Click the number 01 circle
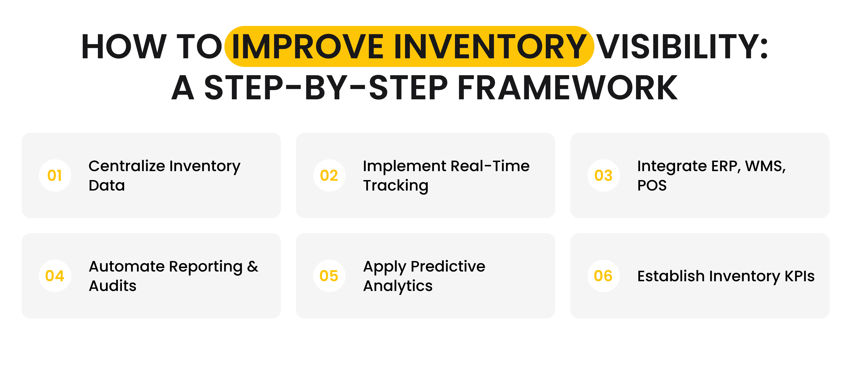[55, 175]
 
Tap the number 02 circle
[329, 175]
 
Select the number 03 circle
[604, 175]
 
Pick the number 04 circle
[55, 276]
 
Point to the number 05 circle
[329, 276]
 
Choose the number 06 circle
[604, 276]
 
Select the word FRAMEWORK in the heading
[567, 88]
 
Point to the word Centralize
[127, 166]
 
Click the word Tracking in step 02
[395, 186]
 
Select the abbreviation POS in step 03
[652, 186]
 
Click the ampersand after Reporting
[253, 266]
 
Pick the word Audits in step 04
[112, 286]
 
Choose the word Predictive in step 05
[448, 266]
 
